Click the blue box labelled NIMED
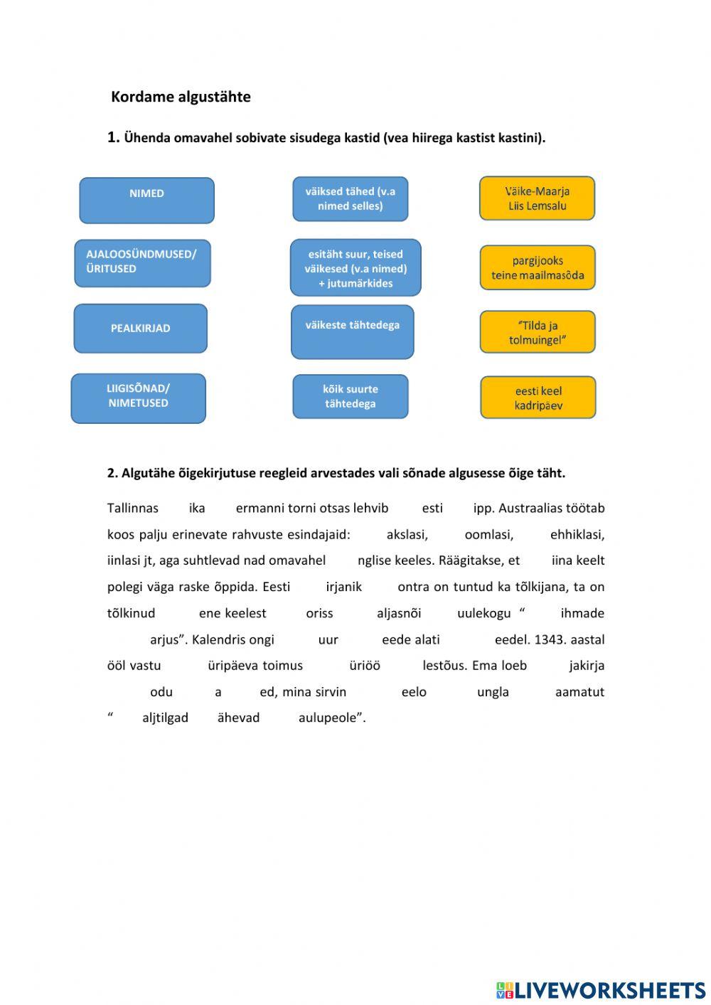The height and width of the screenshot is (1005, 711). (146, 200)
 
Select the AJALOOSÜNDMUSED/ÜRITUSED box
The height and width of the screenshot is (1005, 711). (142, 262)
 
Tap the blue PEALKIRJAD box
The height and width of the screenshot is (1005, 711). (140, 329)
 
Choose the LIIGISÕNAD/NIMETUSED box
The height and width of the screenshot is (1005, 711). (138, 398)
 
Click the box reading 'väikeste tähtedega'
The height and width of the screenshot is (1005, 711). (352, 331)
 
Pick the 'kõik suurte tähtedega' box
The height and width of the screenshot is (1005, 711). (350, 396)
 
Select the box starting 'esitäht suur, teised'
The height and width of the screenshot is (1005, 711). (355, 267)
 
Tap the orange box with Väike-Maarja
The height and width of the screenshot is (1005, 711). (537, 198)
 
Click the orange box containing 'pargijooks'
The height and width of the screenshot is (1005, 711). (537, 267)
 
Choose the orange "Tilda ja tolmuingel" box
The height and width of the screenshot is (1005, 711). (537, 332)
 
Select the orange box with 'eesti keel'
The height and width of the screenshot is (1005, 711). (538, 398)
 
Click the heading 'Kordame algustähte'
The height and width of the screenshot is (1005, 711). (181, 97)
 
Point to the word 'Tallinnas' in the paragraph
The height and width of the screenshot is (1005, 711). (133, 508)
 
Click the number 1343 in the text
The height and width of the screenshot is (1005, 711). (548, 639)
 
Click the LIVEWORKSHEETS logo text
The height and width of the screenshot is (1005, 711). (609, 989)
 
